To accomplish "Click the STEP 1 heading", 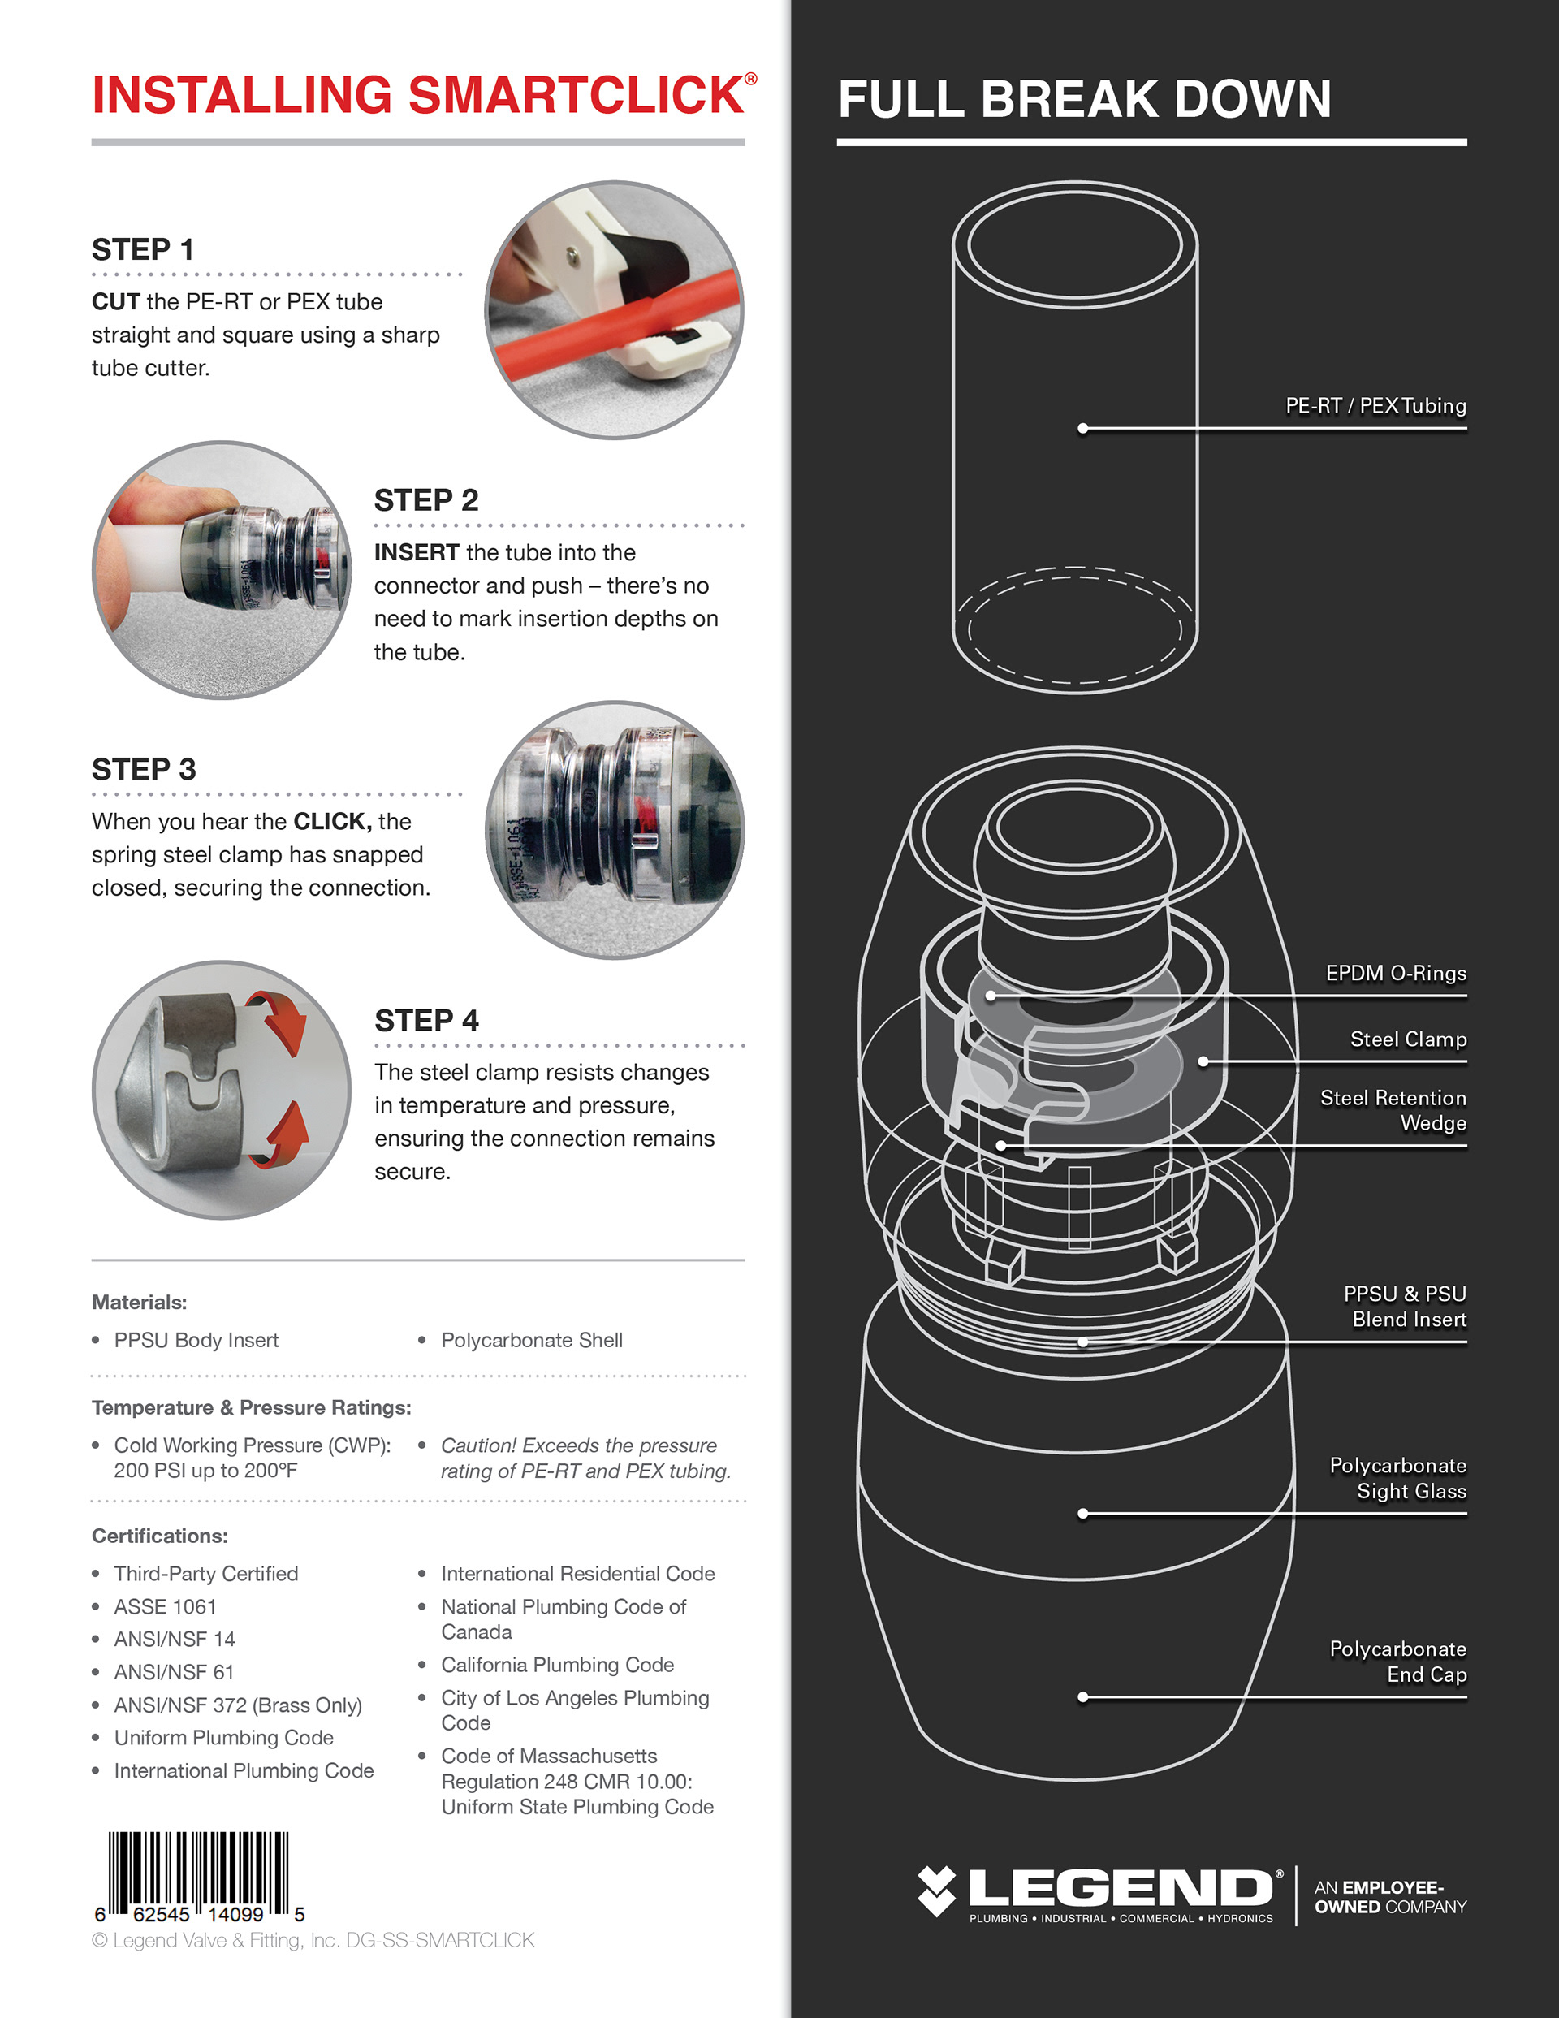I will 143,249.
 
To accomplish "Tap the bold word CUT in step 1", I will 115,302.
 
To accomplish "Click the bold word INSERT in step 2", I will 416,552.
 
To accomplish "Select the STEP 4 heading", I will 426,1020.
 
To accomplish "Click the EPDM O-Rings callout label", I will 1396,973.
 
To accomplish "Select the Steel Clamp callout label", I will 1407,1039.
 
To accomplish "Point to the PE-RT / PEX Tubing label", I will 1375,406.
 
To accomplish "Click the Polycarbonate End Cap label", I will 1397,1662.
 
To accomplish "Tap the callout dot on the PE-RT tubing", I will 1082,428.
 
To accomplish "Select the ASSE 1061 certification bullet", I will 165,1607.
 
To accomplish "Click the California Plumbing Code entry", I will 557,1665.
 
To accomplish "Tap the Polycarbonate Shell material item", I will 531,1340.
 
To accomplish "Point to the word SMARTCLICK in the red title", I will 576,95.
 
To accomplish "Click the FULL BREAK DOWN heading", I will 1084,99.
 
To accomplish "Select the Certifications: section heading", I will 160,1536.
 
